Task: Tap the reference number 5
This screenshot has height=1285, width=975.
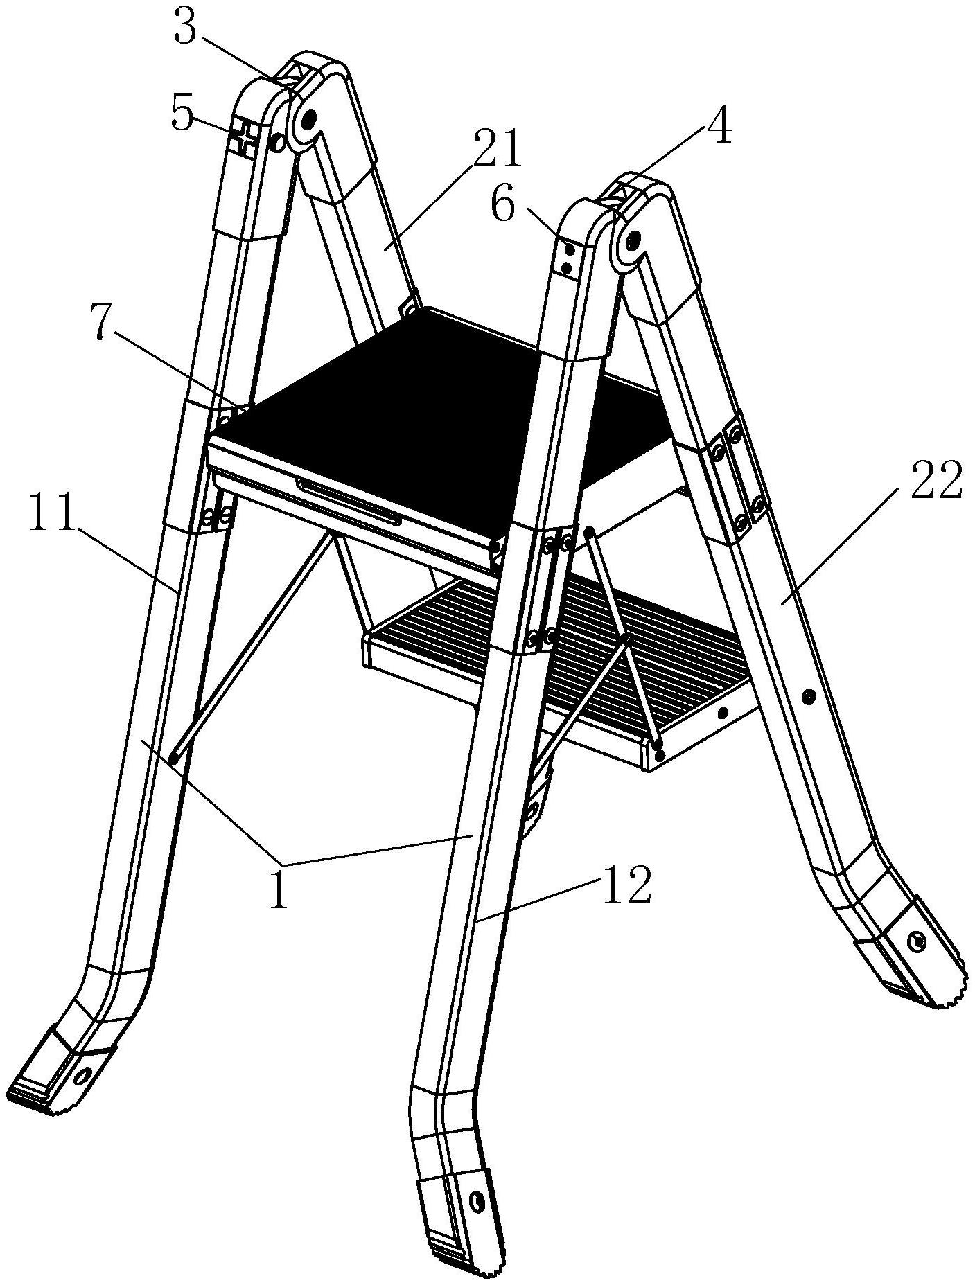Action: tap(182, 115)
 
